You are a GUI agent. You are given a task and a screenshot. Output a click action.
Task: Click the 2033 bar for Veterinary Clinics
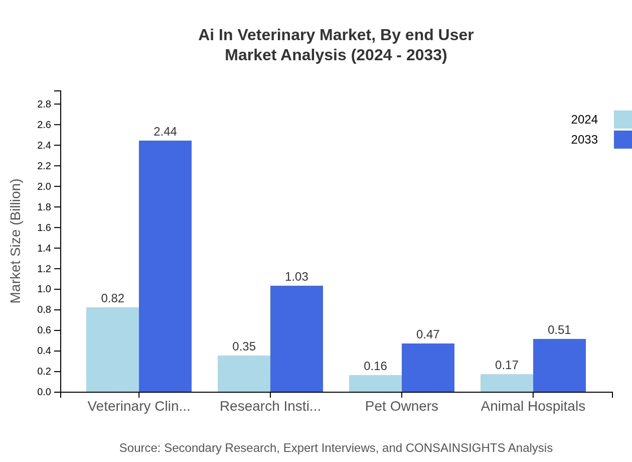pos(165,266)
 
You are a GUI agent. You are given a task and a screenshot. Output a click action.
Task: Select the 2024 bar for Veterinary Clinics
pos(112,350)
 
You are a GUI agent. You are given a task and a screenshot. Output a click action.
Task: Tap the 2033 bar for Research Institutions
pos(296,339)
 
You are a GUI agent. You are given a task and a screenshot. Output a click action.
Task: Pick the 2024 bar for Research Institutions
pos(244,374)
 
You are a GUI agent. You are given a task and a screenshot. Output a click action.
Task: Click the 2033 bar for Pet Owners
pos(428,368)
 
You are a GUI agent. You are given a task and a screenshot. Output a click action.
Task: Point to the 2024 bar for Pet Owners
pos(375,384)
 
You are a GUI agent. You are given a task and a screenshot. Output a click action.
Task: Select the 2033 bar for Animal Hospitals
pos(559,366)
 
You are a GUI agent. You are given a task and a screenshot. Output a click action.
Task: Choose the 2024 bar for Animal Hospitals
pos(507,383)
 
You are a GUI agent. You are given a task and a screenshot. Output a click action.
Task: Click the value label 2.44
pos(165,132)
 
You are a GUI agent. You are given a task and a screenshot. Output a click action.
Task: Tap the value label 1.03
pos(296,277)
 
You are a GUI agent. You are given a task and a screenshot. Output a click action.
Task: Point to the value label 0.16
pos(375,366)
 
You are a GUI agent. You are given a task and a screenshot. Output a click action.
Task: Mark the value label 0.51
pos(559,330)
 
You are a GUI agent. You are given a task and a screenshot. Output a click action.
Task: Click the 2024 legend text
pos(584,120)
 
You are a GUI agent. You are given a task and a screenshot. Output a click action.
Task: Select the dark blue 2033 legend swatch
pos(623,140)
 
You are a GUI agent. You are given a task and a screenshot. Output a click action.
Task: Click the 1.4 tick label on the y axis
pos(44,248)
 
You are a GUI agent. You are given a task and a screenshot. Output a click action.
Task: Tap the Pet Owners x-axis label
pos(402,406)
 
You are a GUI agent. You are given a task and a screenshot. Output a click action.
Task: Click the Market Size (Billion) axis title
pos(16,241)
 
